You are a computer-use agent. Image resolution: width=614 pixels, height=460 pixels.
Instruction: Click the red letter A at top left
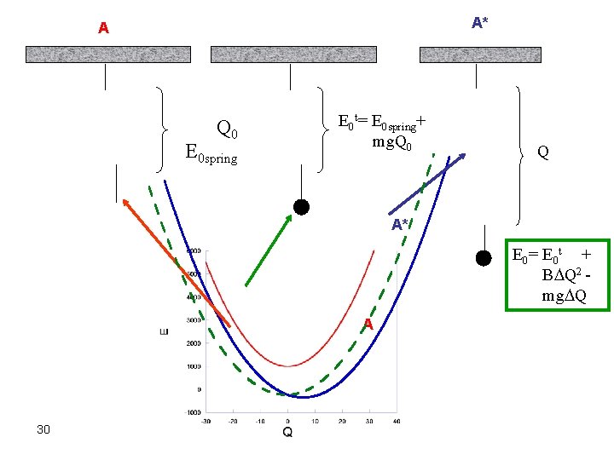click(103, 28)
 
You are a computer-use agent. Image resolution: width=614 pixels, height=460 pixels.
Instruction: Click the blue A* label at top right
click(480, 22)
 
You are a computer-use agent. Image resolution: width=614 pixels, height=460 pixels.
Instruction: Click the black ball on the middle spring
click(300, 206)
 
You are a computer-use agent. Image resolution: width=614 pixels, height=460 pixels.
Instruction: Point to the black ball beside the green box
click(484, 258)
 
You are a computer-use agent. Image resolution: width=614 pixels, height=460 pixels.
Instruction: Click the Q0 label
click(228, 130)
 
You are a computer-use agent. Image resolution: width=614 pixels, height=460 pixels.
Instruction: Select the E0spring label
click(211, 155)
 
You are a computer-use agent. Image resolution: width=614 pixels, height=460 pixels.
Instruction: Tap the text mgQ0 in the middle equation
click(392, 142)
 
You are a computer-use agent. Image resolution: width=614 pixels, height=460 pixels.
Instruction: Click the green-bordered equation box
click(558, 274)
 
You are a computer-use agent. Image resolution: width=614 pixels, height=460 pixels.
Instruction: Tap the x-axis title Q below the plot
click(287, 432)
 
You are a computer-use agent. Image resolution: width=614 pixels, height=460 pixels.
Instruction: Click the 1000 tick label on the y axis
click(193, 366)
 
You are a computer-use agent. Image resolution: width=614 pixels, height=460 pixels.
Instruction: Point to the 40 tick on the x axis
click(396, 421)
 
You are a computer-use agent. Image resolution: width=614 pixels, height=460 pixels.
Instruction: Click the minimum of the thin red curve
click(288, 366)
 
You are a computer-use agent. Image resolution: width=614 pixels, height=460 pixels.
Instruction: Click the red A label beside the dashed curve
click(368, 324)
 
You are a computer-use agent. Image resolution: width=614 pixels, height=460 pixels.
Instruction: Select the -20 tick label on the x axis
click(232, 421)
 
